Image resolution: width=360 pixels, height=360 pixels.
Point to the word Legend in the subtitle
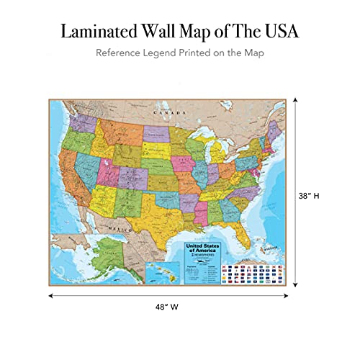click(168, 53)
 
